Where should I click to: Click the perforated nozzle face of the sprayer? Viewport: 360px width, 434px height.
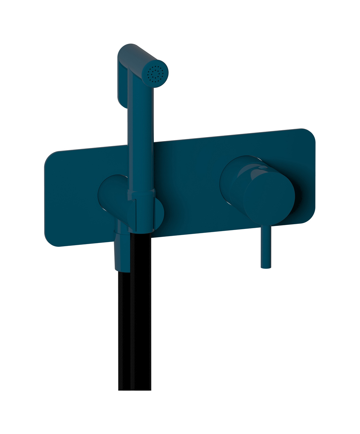tap(155, 73)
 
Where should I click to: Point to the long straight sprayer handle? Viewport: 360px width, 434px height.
tap(141, 137)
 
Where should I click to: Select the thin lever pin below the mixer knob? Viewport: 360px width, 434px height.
tap(266, 246)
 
